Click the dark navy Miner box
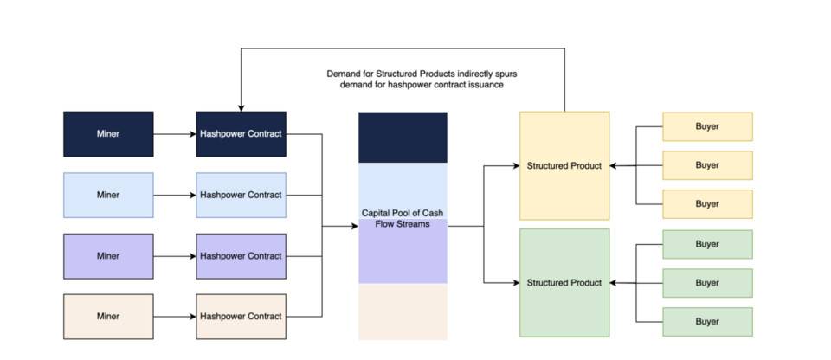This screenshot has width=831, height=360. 108,134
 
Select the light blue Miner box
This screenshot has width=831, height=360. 108,195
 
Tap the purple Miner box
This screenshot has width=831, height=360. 108,256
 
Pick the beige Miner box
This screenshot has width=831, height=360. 108,317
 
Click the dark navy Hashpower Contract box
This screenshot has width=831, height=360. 241,134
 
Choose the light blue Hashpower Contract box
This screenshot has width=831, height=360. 241,195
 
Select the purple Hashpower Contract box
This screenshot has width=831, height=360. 241,256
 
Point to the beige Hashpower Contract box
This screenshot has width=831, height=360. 241,317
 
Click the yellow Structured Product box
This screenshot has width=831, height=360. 564,165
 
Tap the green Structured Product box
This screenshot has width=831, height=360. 564,283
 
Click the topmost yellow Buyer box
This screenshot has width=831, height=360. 707,126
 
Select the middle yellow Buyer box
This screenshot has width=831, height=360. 707,165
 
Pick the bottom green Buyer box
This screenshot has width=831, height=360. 707,322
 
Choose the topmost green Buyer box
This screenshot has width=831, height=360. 707,244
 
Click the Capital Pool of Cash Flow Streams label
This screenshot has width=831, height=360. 403,218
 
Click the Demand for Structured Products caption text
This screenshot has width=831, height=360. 422,80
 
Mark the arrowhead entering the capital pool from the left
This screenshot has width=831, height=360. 354,226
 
